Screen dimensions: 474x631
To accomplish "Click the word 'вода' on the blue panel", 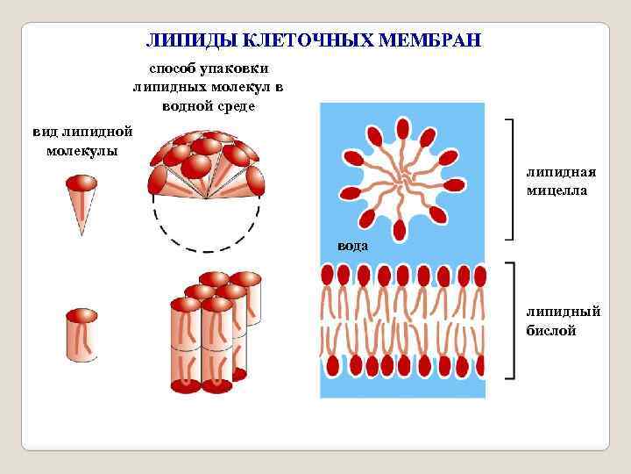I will tap(353, 247).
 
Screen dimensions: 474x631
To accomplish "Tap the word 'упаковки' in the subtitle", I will tap(238, 68).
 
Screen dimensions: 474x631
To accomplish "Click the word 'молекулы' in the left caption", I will tap(82, 149).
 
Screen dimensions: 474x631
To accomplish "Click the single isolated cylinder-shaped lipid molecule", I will tap(82, 334).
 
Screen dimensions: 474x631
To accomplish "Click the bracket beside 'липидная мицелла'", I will tap(513, 179).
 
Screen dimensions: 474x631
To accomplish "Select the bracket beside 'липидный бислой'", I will tap(513, 320).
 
